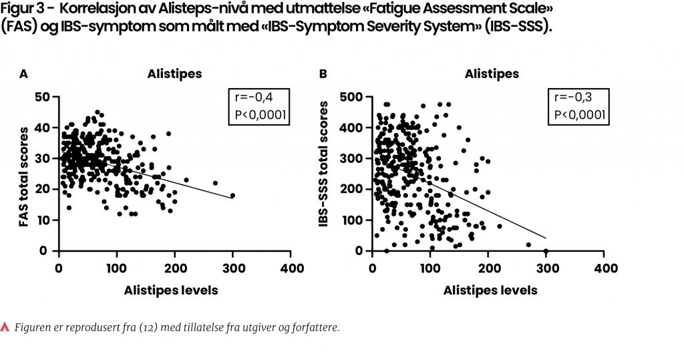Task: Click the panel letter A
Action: coord(23,74)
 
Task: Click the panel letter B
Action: coord(323,74)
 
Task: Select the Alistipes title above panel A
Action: coord(174,73)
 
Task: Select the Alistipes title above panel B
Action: coord(492,73)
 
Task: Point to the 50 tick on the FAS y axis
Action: coord(42,98)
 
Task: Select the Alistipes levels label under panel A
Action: coord(170,291)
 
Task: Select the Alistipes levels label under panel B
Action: coord(490,291)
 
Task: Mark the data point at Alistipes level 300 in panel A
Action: coord(232,196)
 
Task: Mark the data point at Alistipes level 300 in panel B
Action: coord(546,251)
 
